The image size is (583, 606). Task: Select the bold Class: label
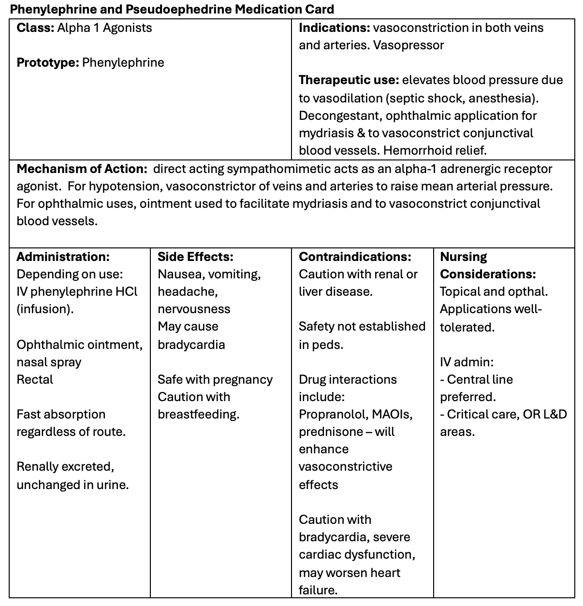tap(35, 28)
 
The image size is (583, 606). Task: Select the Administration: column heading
tap(63, 257)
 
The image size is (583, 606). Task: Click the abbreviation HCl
tap(128, 291)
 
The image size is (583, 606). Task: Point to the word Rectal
tap(35, 379)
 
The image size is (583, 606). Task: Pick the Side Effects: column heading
tap(195, 257)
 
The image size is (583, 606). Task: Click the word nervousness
tap(194, 309)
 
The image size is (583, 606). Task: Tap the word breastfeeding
tap(198, 414)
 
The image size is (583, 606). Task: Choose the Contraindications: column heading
tap(355, 257)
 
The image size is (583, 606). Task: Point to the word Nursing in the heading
tap(464, 257)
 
